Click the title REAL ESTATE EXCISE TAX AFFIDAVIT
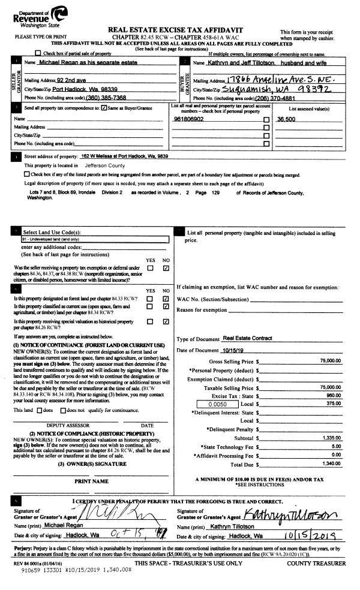[x=175, y=29]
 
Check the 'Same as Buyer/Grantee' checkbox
[x=105, y=108]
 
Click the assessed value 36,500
[x=287, y=119]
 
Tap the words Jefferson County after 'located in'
[x=105, y=165]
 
